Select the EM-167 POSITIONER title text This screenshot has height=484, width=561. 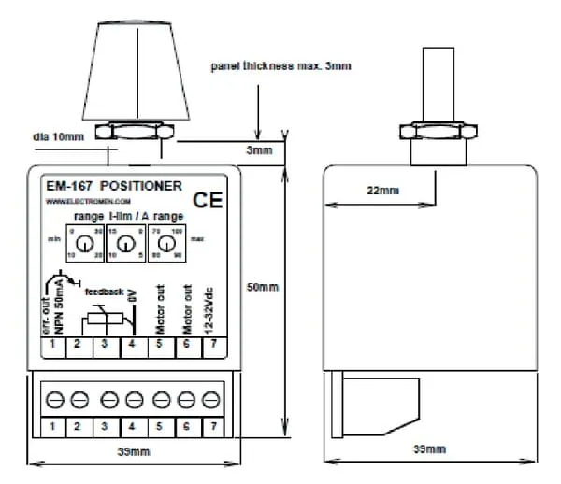tap(114, 186)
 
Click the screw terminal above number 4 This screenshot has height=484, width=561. tap(134, 399)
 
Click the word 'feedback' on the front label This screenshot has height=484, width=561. tap(104, 292)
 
